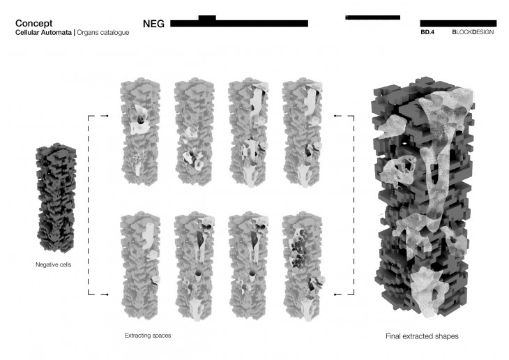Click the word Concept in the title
tap(33, 24)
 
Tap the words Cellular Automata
tap(43, 33)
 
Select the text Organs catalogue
tap(103, 33)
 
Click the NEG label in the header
tap(153, 24)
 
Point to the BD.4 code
tap(427, 32)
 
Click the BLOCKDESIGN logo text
tap(473, 32)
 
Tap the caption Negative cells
tap(53, 264)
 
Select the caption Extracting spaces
tap(148, 336)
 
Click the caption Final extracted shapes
tap(422, 336)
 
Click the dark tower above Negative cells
tap(56, 197)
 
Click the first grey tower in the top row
tap(140, 132)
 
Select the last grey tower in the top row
tap(303, 133)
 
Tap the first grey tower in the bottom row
tap(141, 266)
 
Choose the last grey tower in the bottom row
tap(304, 267)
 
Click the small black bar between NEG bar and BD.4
tap(372, 17)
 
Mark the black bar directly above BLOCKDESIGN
tap(458, 24)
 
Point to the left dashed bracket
tap(89, 205)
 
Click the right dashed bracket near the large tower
tap(354, 205)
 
